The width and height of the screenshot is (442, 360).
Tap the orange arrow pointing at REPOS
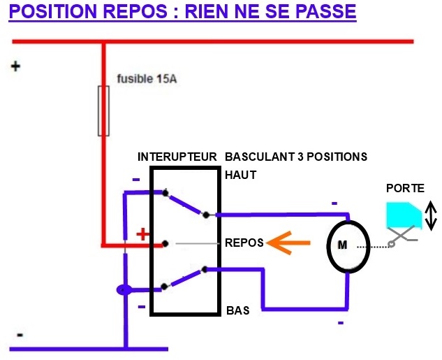(x=288, y=243)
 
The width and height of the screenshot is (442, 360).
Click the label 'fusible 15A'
(x=147, y=79)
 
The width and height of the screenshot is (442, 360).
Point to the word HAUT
(x=241, y=175)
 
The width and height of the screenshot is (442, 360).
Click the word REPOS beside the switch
(x=244, y=243)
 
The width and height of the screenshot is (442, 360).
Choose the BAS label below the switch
(x=238, y=310)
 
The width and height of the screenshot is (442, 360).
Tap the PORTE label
(x=405, y=188)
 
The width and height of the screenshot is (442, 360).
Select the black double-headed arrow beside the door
(x=431, y=215)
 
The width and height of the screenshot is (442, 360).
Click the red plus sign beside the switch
(x=143, y=234)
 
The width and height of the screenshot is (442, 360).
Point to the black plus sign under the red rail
(x=15, y=66)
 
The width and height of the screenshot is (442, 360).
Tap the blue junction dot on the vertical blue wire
(x=124, y=290)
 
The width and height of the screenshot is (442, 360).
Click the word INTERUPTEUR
(x=177, y=157)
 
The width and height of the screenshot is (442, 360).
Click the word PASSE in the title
(x=326, y=11)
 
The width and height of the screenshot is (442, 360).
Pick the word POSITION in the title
(x=53, y=11)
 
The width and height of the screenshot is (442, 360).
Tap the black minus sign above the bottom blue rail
(x=20, y=335)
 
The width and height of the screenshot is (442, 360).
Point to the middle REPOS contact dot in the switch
(x=165, y=243)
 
